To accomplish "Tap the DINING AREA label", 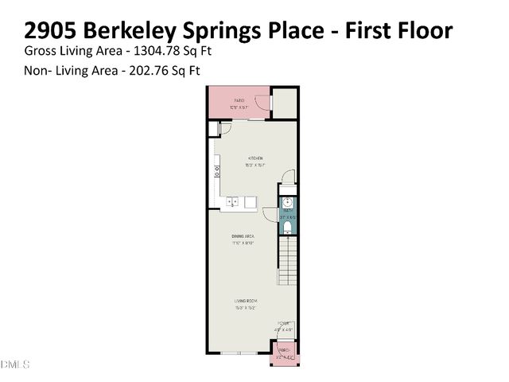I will coord(243,236).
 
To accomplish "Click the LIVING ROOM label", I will coord(246,300).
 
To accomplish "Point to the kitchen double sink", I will coord(233,202).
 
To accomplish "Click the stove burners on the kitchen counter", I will coord(216,170).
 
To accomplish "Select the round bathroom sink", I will coord(288,202).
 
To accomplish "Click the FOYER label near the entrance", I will coord(283,323).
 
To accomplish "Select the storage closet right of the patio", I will coord(284,100).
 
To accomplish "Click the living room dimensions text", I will coord(246,306).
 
